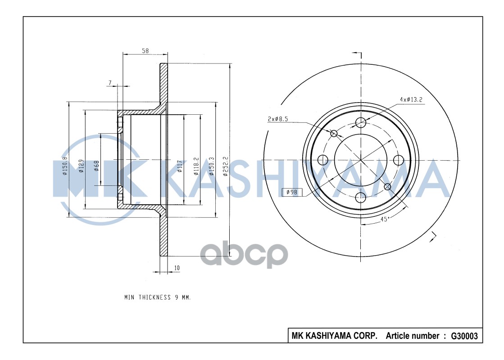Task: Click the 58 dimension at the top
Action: pyautogui.click(x=145, y=51)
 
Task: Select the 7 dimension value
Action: pyautogui.click(x=109, y=82)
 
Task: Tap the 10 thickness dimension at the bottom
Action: pyautogui.click(x=177, y=268)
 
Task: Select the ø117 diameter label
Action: pyautogui.click(x=179, y=167)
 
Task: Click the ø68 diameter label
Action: pyautogui.click(x=96, y=167)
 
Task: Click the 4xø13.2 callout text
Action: pyautogui.click(x=411, y=99)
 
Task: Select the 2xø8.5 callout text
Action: pyautogui.click(x=277, y=119)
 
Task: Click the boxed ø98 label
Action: pyautogui.click(x=292, y=192)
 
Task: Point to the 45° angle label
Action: pyautogui.click(x=385, y=219)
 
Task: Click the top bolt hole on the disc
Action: pyautogui.click(x=360, y=122)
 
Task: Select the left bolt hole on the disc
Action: pyautogui.click(x=322, y=159)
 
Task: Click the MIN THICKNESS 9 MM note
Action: pyautogui.click(x=158, y=297)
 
